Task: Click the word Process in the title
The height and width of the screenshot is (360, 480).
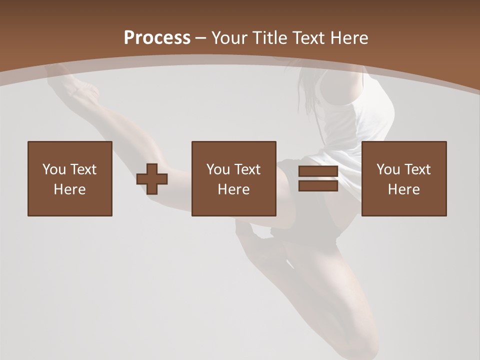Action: [157, 38]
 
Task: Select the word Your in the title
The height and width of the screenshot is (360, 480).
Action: [228, 38]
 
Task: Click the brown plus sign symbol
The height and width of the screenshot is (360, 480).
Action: [152, 178]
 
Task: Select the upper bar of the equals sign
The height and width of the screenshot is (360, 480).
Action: [318, 171]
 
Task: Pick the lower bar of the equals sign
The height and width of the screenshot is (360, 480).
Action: [318, 186]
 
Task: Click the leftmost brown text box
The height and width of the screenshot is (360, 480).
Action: [69, 150]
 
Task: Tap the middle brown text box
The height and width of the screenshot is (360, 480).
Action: [233, 150]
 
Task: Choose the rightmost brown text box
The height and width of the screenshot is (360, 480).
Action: [403, 150]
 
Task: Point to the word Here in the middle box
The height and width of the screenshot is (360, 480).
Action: [233, 189]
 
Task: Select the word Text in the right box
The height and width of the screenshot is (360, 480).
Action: [417, 169]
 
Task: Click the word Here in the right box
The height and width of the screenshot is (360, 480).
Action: [403, 189]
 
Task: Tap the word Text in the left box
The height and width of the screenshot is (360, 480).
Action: [83, 169]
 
